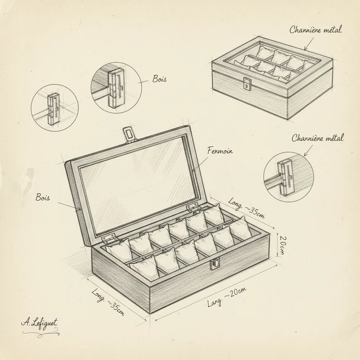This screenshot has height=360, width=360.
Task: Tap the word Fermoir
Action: pyautogui.click(x=219, y=150)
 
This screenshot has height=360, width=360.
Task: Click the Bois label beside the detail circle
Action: pyautogui.click(x=159, y=79)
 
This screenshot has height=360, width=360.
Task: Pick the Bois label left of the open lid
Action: pyautogui.click(x=43, y=198)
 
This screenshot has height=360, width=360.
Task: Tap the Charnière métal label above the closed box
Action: pyautogui.click(x=315, y=30)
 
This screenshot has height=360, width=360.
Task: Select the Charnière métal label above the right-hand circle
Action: pyautogui.click(x=317, y=138)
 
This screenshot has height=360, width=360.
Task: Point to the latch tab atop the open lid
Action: pyautogui.click(x=129, y=134)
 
